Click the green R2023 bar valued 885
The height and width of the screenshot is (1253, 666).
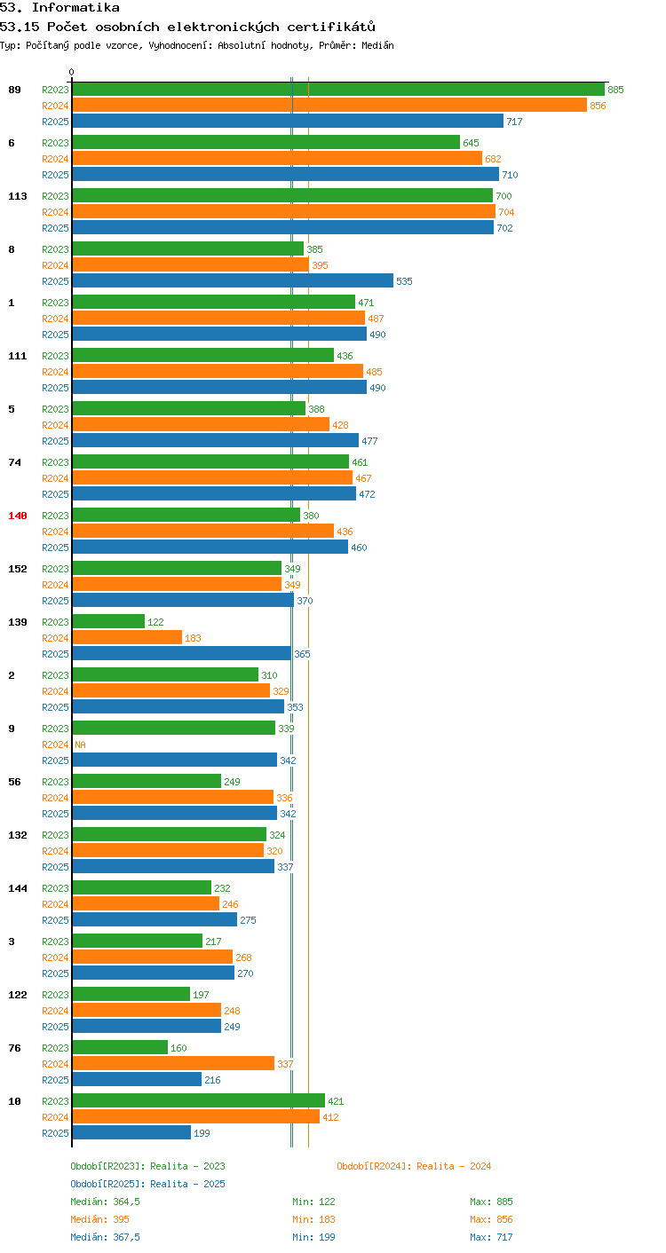point(338,90)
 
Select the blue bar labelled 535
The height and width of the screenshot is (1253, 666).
point(233,280)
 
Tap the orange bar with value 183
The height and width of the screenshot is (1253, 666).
point(127,638)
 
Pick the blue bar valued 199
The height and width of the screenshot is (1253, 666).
point(131,1132)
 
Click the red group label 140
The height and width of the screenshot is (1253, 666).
point(18,516)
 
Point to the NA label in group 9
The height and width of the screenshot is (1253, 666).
point(81,745)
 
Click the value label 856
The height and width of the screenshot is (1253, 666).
point(598,106)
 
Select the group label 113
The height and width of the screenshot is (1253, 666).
point(18,196)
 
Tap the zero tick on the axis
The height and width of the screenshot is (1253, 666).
point(72,72)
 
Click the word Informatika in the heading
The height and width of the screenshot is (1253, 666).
point(75,7)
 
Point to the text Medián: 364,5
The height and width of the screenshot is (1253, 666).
point(105,1202)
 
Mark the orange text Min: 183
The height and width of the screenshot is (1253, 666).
point(313,1219)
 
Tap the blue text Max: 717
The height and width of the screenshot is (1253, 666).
point(491,1237)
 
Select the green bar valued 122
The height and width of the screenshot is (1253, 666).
point(108,621)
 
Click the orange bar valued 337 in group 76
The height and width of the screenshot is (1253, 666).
point(173,1063)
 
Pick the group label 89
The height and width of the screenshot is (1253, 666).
point(14,90)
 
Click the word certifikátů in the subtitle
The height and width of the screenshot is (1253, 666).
point(331,27)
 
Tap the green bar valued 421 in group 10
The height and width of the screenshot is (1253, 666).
point(199,1101)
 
